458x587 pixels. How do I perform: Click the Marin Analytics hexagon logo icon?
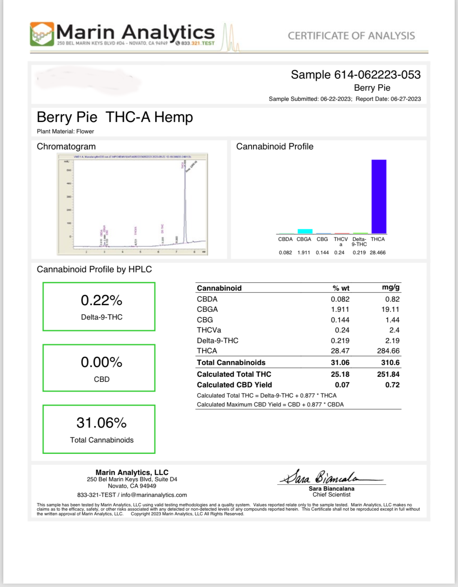click(x=42, y=34)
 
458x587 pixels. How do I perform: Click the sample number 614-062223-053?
click(x=377, y=75)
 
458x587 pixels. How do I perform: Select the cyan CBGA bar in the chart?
click(x=305, y=231)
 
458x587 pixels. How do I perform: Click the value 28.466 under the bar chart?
click(x=377, y=253)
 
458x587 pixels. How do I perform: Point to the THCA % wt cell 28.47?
click(x=340, y=351)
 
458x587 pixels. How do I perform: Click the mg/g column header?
click(x=390, y=288)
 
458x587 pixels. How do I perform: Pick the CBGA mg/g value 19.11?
click(x=390, y=310)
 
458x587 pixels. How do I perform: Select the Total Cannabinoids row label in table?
click(x=231, y=363)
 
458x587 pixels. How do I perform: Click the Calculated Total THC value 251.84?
click(x=388, y=375)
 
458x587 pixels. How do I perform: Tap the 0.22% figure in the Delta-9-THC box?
click(x=101, y=301)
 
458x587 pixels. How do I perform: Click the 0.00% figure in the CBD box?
click(x=101, y=362)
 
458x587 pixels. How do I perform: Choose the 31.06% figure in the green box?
click(x=101, y=423)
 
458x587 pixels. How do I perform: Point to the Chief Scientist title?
click(x=331, y=495)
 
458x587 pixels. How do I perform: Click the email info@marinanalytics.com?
click(x=154, y=495)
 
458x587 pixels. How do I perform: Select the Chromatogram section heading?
click(x=66, y=147)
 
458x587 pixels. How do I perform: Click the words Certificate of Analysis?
click(x=351, y=36)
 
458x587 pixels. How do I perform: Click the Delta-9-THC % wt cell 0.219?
click(x=340, y=341)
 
